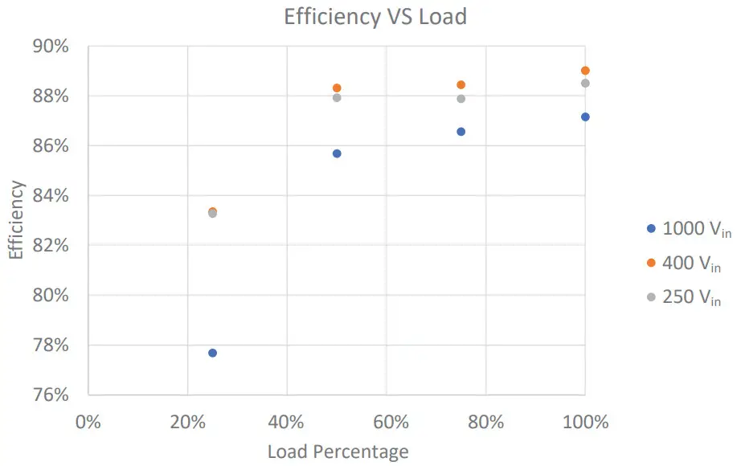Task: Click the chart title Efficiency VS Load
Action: tap(375, 17)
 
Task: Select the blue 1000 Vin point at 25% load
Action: tap(212, 353)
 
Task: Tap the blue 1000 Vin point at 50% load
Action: tap(337, 153)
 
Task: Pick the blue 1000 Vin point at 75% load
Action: tap(461, 132)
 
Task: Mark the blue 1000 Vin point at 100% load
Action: tap(585, 117)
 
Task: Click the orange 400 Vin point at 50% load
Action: tap(337, 88)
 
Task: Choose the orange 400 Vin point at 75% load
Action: tap(461, 85)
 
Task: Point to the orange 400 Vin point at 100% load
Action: tap(585, 71)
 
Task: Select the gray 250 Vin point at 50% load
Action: tap(337, 98)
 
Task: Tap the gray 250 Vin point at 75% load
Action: tap(461, 99)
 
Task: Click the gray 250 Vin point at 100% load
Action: tap(585, 84)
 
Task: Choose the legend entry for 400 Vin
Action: tap(684, 264)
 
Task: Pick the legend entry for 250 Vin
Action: tap(684, 298)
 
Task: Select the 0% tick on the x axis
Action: tap(88, 422)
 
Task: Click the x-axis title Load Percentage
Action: tap(338, 452)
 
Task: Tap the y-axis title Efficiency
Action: tap(17, 220)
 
